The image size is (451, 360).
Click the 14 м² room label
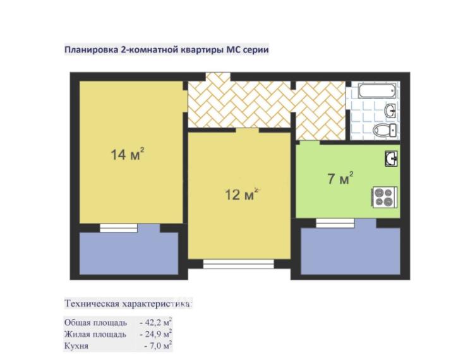(x=127, y=154)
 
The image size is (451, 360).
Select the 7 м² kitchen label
(x=340, y=178)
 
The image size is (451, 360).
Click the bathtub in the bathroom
(x=377, y=90)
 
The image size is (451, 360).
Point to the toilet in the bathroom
(x=385, y=130)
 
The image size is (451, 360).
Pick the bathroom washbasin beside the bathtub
(x=390, y=111)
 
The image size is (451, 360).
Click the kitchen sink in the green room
(x=392, y=159)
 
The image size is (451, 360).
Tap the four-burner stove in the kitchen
(x=384, y=197)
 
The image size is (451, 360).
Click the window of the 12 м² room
(x=238, y=264)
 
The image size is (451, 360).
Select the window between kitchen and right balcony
(x=335, y=223)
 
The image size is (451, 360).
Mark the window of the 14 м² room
(x=119, y=228)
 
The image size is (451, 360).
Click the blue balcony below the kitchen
(x=351, y=251)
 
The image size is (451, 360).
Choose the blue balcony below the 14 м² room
(x=129, y=253)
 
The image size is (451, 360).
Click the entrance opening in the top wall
(x=218, y=77)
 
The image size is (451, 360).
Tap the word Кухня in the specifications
(x=76, y=346)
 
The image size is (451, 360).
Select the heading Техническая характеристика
(x=128, y=304)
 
